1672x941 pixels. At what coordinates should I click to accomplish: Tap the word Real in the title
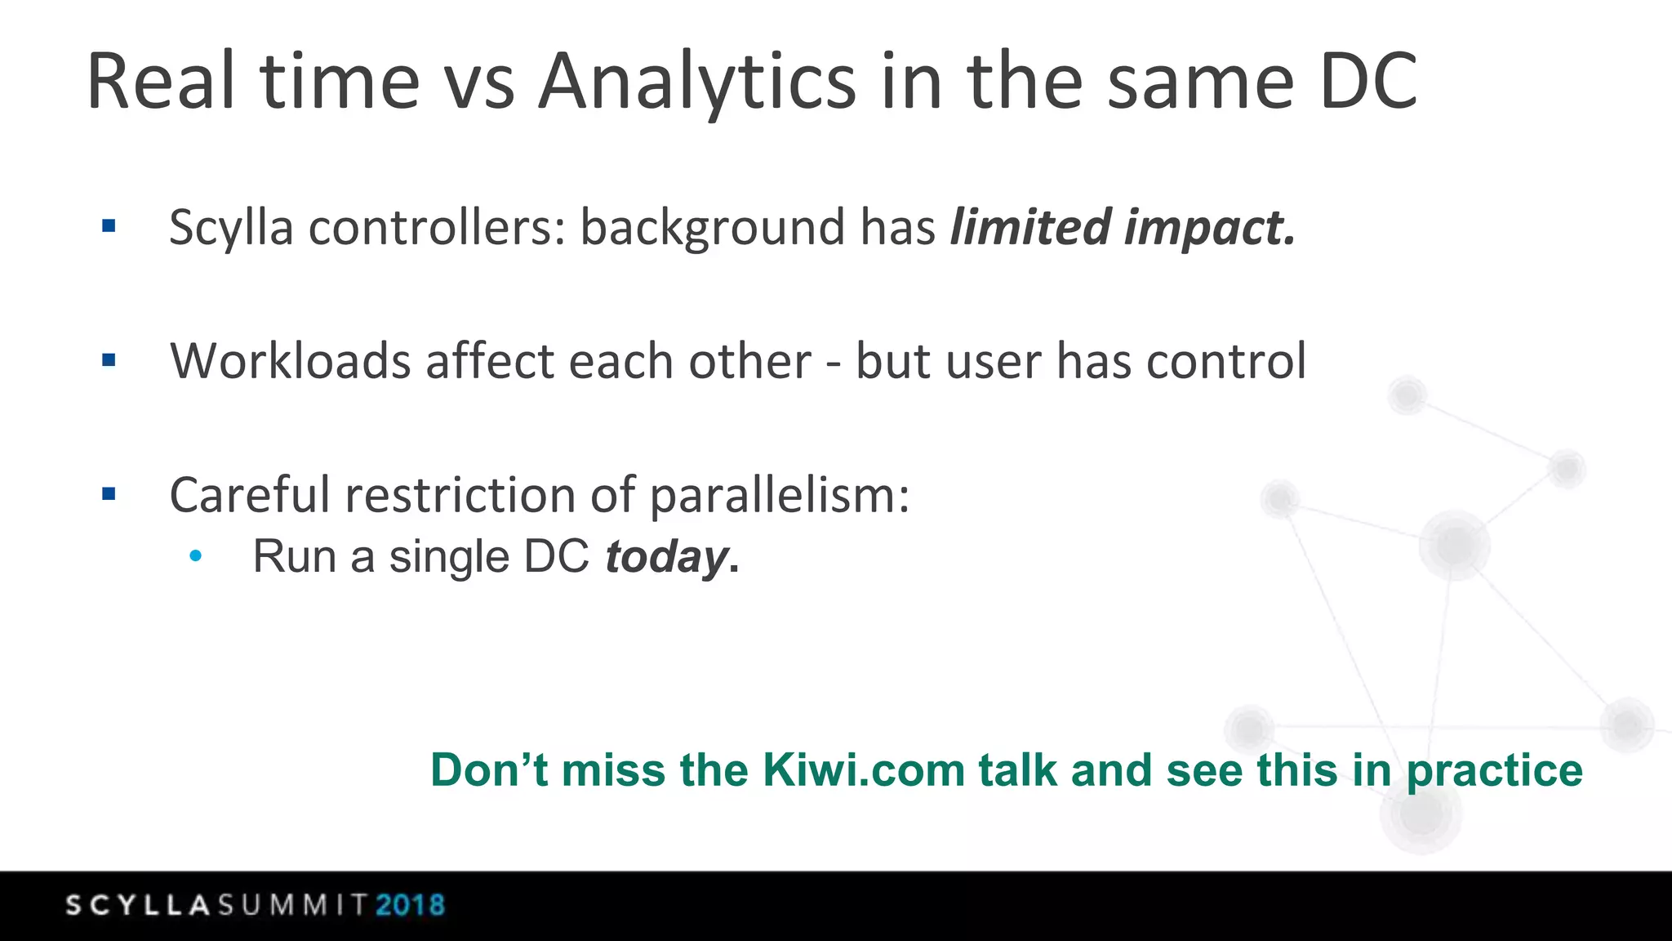(161, 82)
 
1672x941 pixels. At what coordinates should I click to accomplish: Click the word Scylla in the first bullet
(230, 228)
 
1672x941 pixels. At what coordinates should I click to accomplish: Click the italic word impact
(1210, 228)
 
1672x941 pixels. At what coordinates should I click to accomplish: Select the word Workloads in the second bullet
(290, 361)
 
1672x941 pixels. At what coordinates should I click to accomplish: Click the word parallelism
(779, 496)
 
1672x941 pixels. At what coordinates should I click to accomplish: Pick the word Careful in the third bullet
(248, 496)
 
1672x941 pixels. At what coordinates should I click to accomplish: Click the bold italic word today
(666, 558)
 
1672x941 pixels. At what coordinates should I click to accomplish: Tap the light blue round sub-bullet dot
(195, 556)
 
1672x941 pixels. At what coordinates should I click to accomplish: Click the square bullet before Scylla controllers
(109, 225)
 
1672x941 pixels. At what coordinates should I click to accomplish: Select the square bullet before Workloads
(109, 359)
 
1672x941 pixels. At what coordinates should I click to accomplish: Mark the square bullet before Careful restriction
(109, 493)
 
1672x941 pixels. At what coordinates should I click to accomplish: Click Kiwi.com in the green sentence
(863, 770)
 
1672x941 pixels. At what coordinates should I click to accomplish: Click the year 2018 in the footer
(410, 905)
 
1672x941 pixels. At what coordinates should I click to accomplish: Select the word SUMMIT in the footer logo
(293, 905)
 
